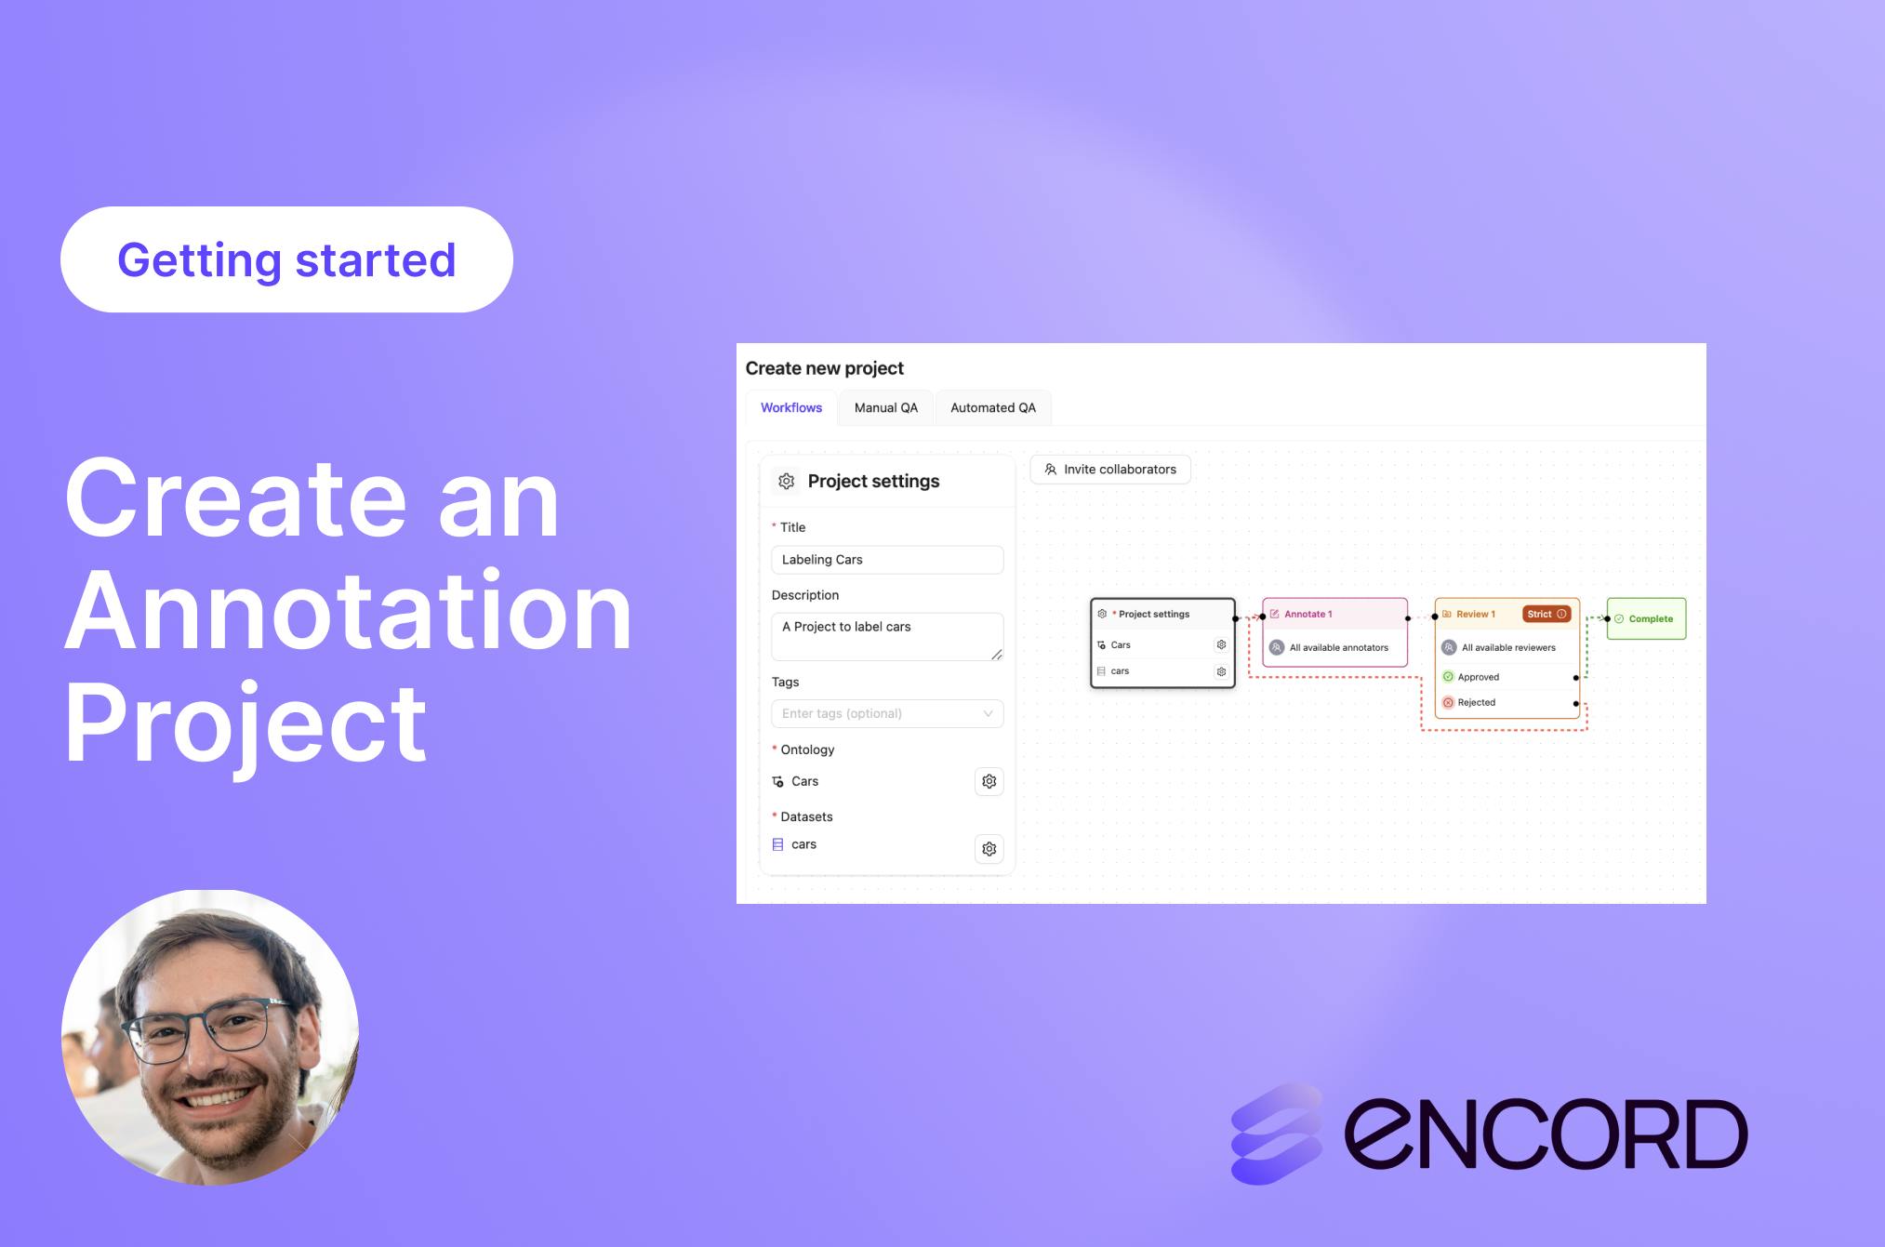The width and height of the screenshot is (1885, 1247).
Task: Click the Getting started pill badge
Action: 286,259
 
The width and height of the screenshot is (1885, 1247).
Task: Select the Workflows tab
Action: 791,407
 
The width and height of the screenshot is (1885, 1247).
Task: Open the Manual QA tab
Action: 886,407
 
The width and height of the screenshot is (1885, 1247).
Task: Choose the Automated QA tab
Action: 993,407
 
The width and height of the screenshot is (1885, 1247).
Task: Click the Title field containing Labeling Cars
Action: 887,560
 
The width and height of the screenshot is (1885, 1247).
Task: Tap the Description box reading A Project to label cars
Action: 887,637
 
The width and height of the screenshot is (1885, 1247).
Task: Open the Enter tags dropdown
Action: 887,713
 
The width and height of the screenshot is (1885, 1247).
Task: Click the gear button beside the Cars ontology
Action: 989,781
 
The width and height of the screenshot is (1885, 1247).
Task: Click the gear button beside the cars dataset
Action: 989,849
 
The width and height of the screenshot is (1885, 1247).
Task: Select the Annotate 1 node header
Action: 1334,614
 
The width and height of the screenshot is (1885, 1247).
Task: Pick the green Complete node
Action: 1646,618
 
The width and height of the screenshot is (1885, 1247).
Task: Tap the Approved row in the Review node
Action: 1507,677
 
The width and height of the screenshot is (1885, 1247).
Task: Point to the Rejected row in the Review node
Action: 1507,702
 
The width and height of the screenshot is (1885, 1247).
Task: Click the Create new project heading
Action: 825,368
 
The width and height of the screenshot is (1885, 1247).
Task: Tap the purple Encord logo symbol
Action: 1277,1134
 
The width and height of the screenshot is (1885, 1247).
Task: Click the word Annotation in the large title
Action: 349,610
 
